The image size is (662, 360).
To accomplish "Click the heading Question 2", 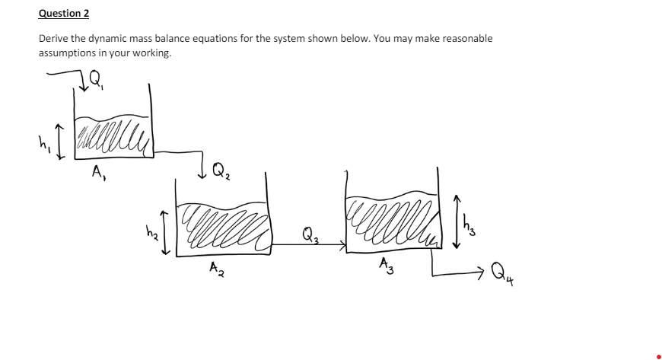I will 64,14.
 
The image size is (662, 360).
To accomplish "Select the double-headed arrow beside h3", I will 456,221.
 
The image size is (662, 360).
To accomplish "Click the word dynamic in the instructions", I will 114,38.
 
